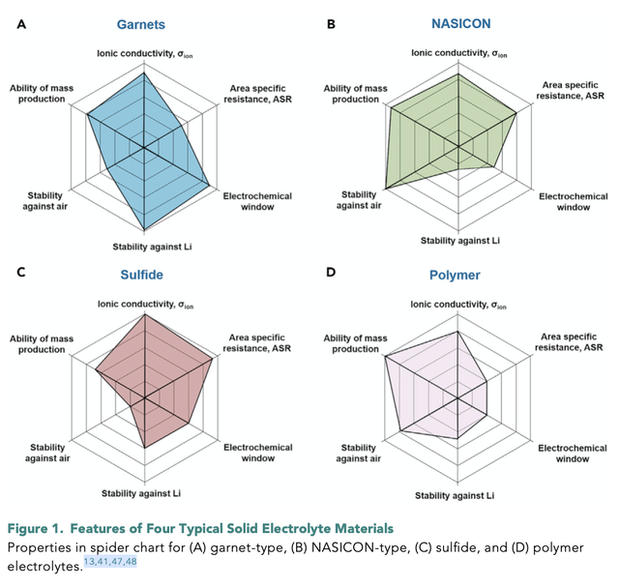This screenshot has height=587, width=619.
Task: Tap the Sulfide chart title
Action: pyautogui.click(x=141, y=275)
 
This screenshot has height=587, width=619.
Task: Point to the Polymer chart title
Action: pyautogui.click(x=455, y=275)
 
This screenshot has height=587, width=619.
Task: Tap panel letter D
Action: pyautogui.click(x=332, y=273)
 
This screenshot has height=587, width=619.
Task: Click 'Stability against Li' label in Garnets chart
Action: pyautogui.click(x=145, y=249)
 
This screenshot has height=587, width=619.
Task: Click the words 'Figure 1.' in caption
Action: pyautogui.click(x=36, y=528)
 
